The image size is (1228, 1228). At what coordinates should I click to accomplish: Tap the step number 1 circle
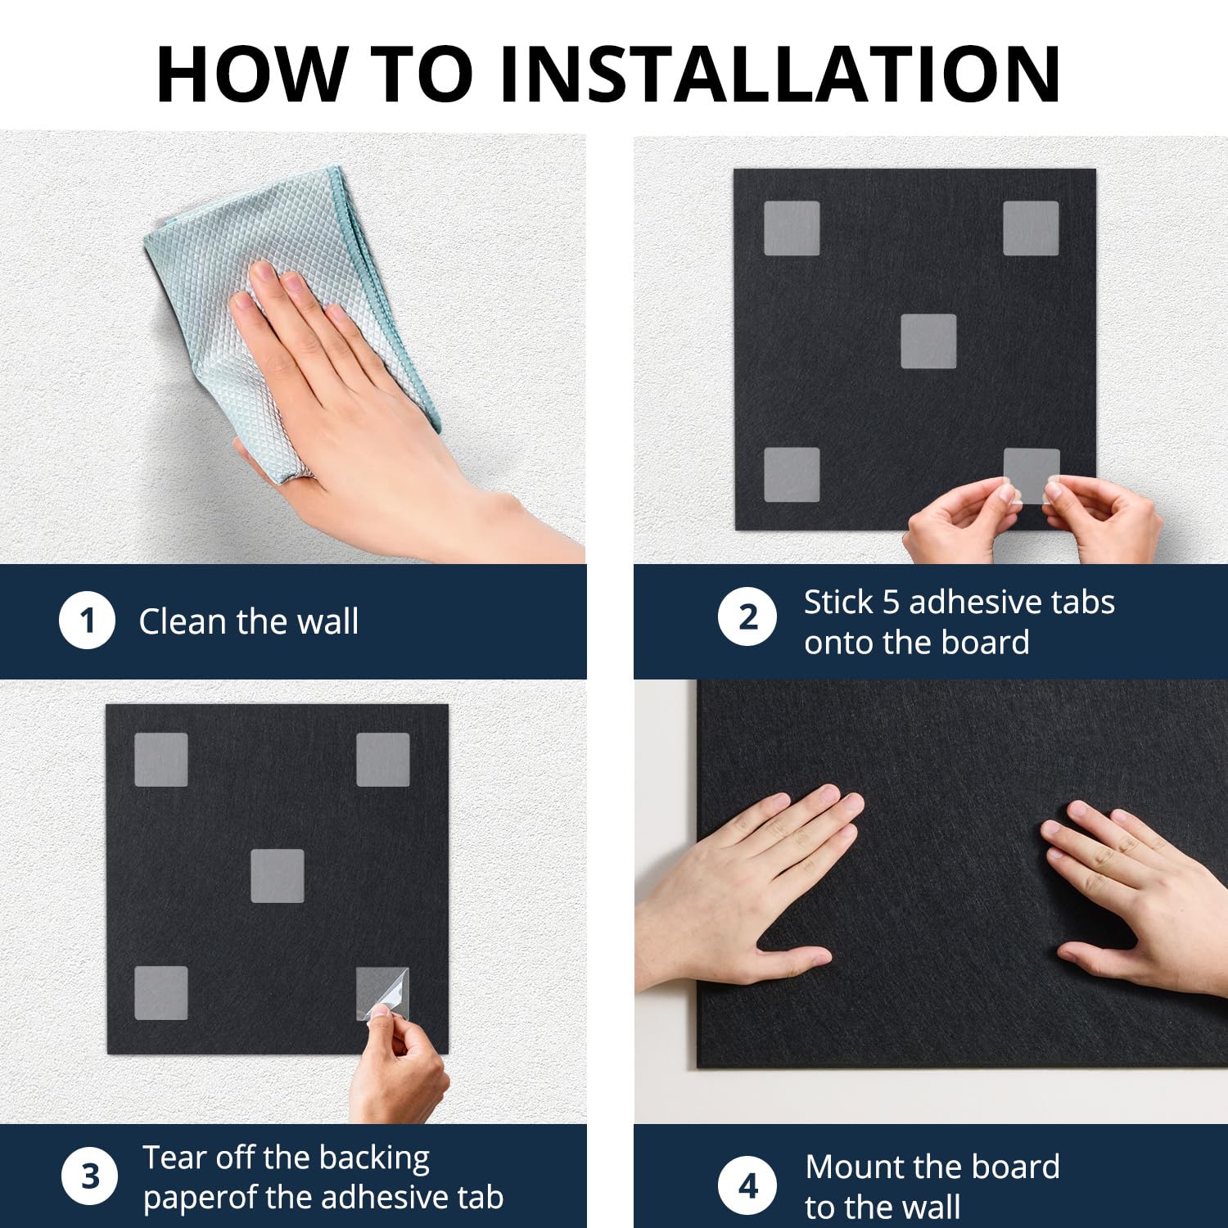pyautogui.click(x=87, y=621)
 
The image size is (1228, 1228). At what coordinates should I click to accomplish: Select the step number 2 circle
pyautogui.click(x=747, y=616)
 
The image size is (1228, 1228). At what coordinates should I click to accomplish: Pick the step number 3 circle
pyautogui.click(x=90, y=1176)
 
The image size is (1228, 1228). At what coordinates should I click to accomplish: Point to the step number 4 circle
pyautogui.click(x=747, y=1185)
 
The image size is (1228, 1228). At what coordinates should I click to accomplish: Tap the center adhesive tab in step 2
pyautogui.click(x=928, y=341)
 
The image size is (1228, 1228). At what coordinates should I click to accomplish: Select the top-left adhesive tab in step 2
pyautogui.click(x=792, y=228)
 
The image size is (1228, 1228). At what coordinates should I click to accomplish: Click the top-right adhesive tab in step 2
pyautogui.click(x=1031, y=228)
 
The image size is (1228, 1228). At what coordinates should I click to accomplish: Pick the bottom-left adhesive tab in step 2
pyautogui.click(x=792, y=475)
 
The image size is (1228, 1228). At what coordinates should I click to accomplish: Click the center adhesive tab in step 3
pyautogui.click(x=277, y=876)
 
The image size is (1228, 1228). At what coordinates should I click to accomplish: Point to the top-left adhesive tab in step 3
pyautogui.click(x=160, y=760)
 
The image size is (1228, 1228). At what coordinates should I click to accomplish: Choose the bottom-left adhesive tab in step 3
pyautogui.click(x=160, y=993)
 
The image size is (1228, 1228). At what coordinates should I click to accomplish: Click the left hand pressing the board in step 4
pyautogui.click(x=745, y=884)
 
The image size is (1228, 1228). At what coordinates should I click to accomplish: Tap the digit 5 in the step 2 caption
pyautogui.click(x=891, y=603)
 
